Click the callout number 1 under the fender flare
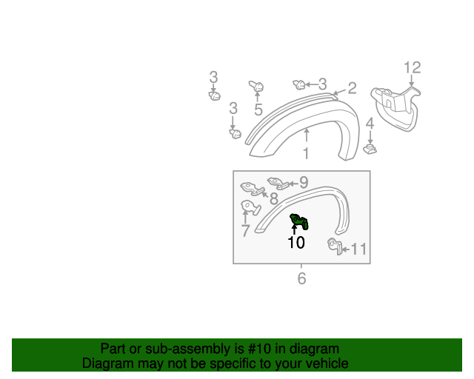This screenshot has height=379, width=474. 306,154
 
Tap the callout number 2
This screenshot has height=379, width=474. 352,88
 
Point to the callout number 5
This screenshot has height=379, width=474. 258,110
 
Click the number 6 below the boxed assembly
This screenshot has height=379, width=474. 301,278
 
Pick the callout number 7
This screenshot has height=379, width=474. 245,231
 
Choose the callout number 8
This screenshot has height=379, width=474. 273,198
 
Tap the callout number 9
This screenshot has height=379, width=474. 303,182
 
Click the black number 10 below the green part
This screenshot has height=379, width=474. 296,242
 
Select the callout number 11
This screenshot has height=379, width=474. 358,249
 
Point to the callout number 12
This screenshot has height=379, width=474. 412,68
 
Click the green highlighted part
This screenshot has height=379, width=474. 299,221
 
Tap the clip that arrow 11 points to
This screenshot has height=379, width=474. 334,246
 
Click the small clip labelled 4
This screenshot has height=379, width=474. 370,150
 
